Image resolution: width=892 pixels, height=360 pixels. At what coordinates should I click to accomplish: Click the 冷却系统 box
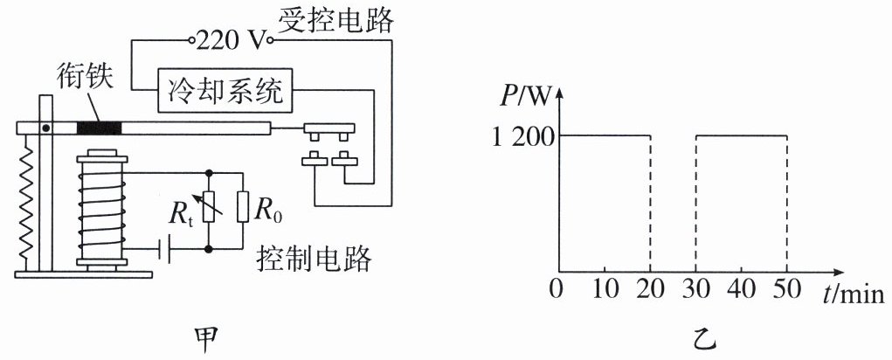point(225,90)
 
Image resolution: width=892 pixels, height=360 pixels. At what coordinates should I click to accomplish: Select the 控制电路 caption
point(314,259)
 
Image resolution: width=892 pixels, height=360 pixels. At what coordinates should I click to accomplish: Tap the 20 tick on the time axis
point(650,289)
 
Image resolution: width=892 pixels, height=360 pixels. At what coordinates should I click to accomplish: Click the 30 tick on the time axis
point(695,289)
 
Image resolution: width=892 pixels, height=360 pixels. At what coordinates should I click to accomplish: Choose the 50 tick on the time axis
point(786,289)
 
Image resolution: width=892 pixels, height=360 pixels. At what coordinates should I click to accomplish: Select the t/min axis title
point(851,289)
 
